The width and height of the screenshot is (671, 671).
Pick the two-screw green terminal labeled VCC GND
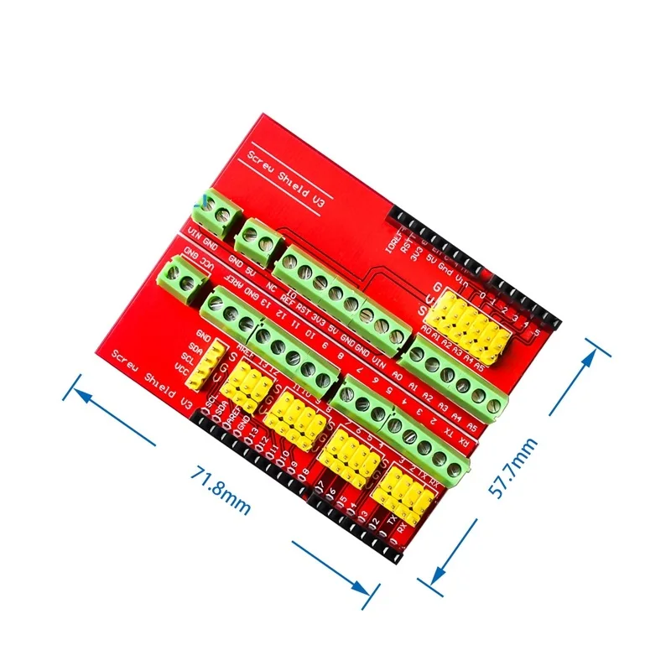180,277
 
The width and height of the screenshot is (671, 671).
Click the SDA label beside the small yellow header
195,346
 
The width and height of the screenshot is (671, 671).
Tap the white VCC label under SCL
179,367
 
